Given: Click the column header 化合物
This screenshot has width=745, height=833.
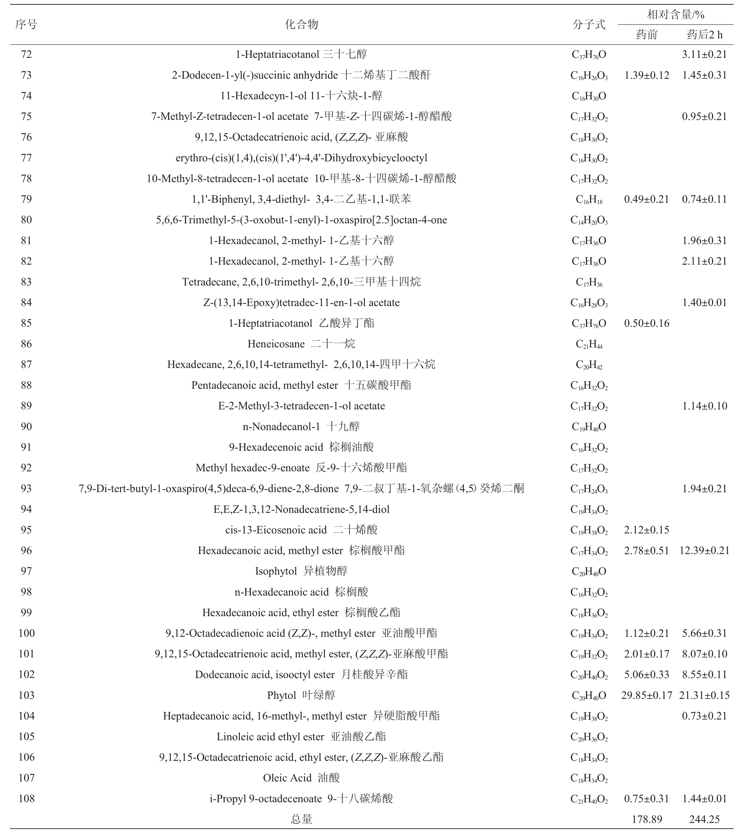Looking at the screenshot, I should [x=301, y=25].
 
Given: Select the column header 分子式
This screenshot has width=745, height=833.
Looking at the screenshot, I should [x=589, y=25].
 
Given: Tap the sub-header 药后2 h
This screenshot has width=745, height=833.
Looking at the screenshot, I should [x=704, y=35].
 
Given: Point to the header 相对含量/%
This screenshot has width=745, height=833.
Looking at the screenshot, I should [x=676, y=15].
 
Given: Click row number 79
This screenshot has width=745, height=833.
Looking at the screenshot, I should [x=26, y=199].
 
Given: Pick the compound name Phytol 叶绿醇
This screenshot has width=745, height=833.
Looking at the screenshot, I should [x=301, y=695].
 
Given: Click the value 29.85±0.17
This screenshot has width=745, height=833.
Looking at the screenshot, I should [x=646, y=695].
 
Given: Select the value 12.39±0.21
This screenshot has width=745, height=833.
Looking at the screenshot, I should [x=704, y=550].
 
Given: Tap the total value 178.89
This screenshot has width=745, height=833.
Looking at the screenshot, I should [x=646, y=819].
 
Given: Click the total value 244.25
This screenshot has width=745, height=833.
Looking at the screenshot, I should [x=704, y=819].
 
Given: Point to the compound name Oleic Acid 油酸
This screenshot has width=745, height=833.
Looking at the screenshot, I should [x=301, y=778].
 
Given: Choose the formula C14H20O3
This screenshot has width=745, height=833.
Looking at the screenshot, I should [x=589, y=220].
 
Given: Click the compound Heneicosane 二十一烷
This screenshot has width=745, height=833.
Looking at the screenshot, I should [x=301, y=344].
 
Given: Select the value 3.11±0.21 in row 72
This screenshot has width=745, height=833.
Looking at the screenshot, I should [x=704, y=54].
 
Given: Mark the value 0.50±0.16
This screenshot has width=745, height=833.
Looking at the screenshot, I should [x=646, y=323].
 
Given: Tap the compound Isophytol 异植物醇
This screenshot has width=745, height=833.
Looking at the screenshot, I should [x=301, y=571].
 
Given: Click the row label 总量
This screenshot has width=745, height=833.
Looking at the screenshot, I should [x=301, y=819].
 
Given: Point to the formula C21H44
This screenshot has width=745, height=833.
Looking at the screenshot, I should [x=589, y=344].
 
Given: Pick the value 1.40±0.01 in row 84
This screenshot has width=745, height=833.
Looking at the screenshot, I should [x=704, y=303].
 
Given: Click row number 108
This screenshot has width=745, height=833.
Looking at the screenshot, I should [x=26, y=798].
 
